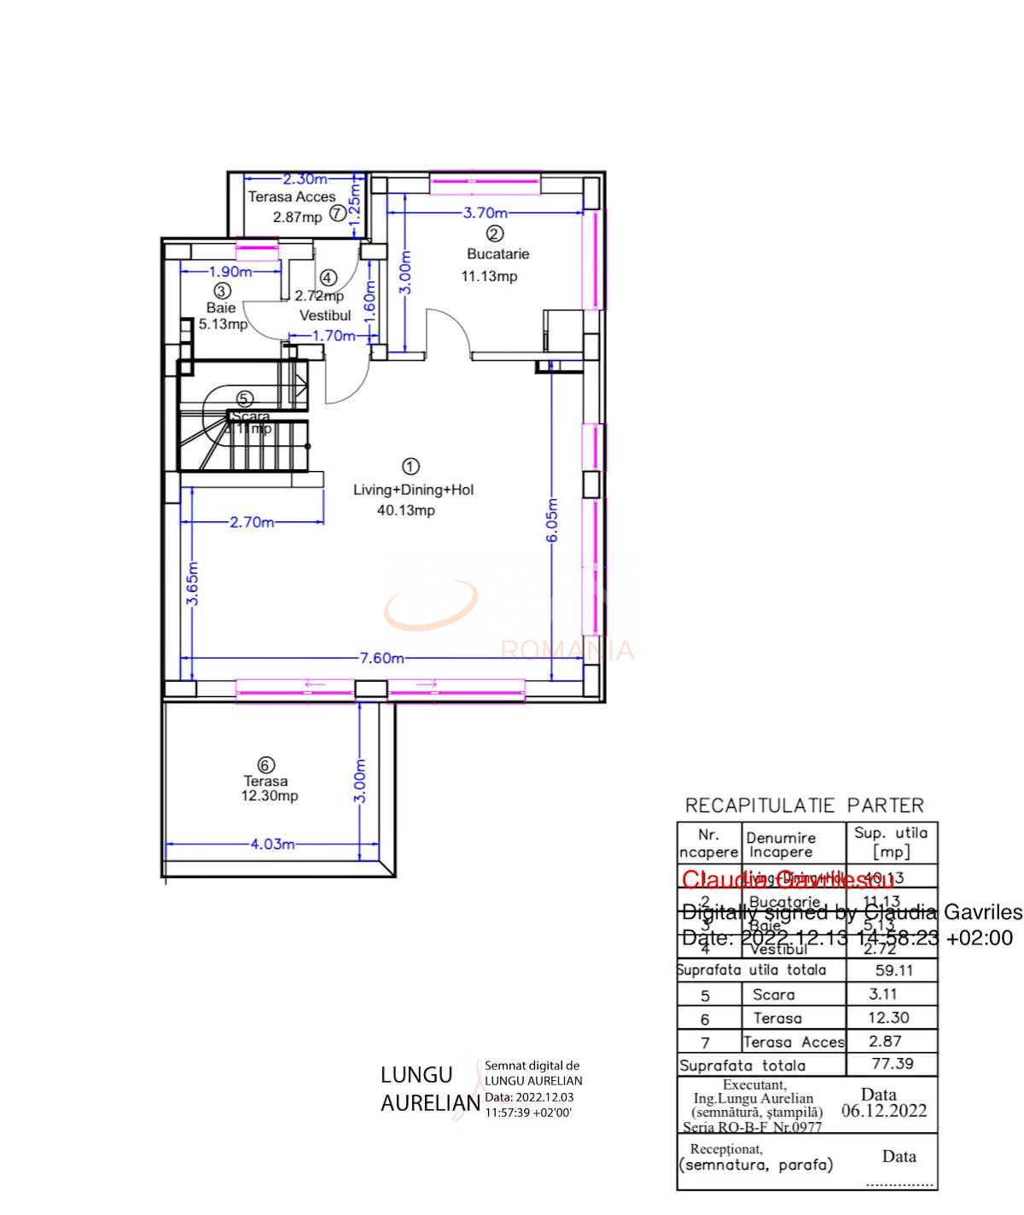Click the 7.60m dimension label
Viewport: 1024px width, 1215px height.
click(381, 658)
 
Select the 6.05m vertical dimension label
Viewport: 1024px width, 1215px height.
click(552, 520)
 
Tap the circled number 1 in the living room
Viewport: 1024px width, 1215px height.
click(411, 466)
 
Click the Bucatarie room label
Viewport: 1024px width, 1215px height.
click(497, 253)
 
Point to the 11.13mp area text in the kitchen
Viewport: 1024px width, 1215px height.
click(489, 276)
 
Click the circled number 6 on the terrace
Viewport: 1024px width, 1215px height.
click(266, 764)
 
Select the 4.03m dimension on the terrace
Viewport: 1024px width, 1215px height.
click(272, 844)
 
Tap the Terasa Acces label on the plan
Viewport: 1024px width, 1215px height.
click(292, 196)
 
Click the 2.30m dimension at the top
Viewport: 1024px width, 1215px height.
click(305, 179)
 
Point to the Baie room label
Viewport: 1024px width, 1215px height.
click(220, 307)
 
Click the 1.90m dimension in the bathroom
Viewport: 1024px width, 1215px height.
click(230, 271)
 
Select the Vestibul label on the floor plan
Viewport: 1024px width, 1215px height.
click(325, 316)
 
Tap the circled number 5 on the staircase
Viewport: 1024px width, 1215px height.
click(245, 398)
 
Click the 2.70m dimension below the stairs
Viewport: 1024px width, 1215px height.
click(252, 522)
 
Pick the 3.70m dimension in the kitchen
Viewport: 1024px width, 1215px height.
click(485, 212)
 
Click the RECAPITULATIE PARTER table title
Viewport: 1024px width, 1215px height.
click(804, 805)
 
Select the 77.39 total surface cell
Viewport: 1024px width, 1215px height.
click(892, 1063)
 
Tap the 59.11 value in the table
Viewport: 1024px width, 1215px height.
click(893, 970)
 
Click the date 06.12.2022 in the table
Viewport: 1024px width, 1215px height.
click(884, 1111)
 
